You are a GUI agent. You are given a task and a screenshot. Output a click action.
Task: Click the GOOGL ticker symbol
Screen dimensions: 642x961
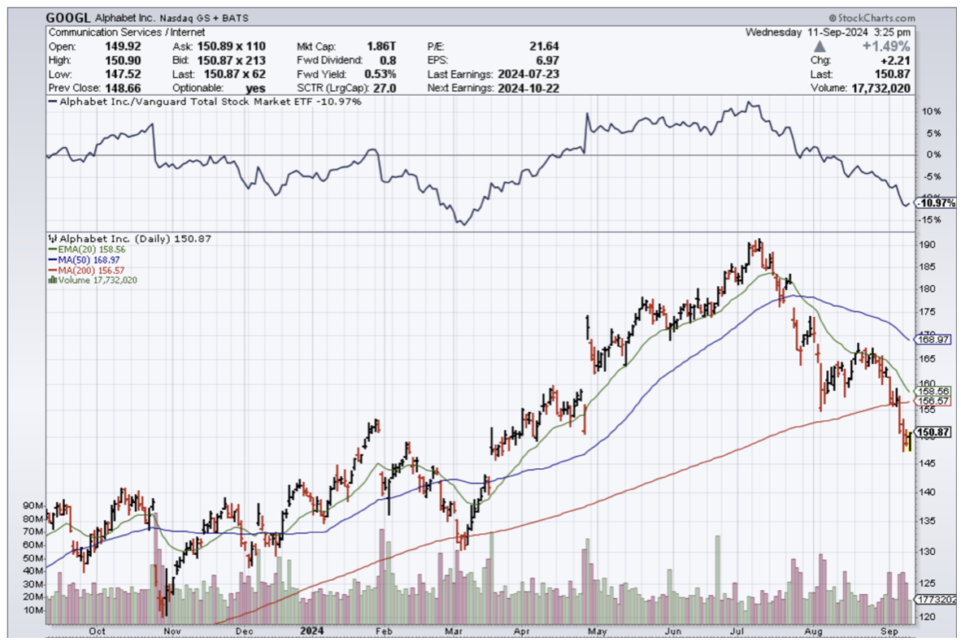pyautogui.click(x=68, y=17)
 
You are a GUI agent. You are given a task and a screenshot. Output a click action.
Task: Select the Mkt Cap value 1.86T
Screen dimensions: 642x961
pyautogui.click(x=379, y=47)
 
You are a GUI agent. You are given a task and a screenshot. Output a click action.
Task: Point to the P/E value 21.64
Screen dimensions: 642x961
pyautogui.click(x=543, y=47)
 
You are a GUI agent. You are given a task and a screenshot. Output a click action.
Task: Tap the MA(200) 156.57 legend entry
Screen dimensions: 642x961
pyautogui.click(x=86, y=270)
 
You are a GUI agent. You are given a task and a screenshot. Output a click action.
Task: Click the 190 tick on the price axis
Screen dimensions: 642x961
pyautogui.click(x=926, y=245)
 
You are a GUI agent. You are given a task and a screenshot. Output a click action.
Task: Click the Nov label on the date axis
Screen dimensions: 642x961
pyautogui.click(x=172, y=630)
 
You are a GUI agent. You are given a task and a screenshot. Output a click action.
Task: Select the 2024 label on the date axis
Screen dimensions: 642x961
pyautogui.click(x=312, y=630)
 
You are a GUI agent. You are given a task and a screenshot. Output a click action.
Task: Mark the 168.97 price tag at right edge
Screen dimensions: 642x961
pyautogui.click(x=932, y=338)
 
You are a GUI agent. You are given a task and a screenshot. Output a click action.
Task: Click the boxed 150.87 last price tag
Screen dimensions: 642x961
pyautogui.click(x=933, y=432)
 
